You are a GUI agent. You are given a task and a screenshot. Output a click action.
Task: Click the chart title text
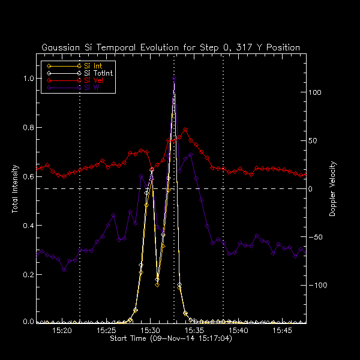click(x=170, y=47)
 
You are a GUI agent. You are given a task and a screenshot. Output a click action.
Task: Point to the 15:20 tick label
click(x=62, y=331)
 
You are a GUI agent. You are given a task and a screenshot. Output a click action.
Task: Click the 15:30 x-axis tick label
click(x=150, y=331)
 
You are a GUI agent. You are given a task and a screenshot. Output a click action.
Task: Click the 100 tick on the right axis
click(x=316, y=93)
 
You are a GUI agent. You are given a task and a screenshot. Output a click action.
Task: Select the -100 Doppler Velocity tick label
click(x=317, y=285)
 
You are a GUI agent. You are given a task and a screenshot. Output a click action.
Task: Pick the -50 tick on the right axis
click(x=316, y=237)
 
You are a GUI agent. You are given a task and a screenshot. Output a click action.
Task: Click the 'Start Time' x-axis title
click(x=171, y=339)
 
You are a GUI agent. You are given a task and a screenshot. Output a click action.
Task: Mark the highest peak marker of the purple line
click(x=174, y=78)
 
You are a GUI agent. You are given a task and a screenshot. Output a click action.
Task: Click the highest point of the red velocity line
click(x=185, y=129)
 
